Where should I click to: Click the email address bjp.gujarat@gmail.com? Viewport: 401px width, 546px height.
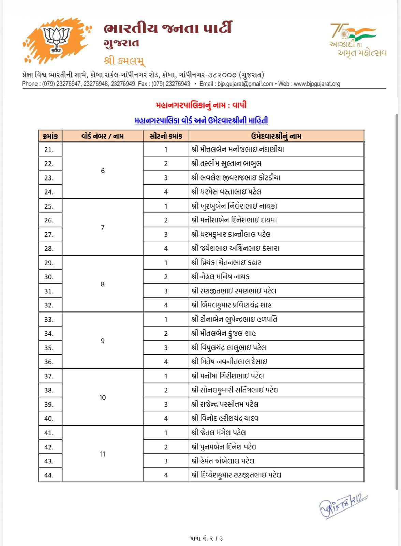pos(245,84)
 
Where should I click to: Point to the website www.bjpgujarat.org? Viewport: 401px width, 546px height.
pos(317,84)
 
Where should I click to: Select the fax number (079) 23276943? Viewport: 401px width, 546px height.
pos(170,84)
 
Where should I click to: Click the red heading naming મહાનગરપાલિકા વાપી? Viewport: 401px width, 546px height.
pos(201,105)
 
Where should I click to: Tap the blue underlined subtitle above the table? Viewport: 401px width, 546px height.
pos(201,120)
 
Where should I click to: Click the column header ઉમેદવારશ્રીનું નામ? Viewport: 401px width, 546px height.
pos(276,136)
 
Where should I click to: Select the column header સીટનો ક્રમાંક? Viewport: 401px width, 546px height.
pos(166,136)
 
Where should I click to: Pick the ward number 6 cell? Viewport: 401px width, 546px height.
pos(103,171)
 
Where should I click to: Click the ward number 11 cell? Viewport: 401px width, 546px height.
pos(103,454)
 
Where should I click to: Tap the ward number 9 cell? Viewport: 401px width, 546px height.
pos(103,341)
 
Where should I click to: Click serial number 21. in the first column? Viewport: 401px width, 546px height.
pos(49,149)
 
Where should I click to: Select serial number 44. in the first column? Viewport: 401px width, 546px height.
pos(49,475)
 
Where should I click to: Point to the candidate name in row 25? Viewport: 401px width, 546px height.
pos(234,206)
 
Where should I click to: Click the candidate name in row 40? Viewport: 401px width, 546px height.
pos(225,418)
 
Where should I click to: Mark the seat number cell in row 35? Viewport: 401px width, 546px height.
pos(166,348)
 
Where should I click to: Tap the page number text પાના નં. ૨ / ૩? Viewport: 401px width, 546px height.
pos(207,538)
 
